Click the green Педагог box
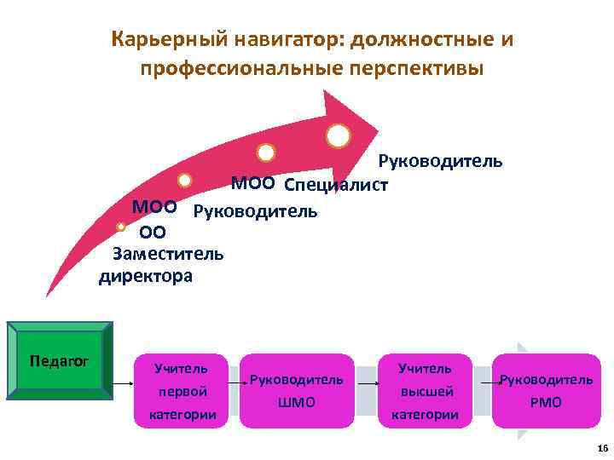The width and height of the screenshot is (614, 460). [60, 360]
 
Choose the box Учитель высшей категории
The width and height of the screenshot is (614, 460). [424, 391]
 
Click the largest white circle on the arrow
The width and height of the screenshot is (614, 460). [338, 135]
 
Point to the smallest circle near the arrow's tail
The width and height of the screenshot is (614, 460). [121, 227]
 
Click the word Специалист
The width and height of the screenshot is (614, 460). [335, 185]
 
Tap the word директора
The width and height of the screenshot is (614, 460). [146, 276]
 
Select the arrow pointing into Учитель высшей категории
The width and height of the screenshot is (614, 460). [368, 384]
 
